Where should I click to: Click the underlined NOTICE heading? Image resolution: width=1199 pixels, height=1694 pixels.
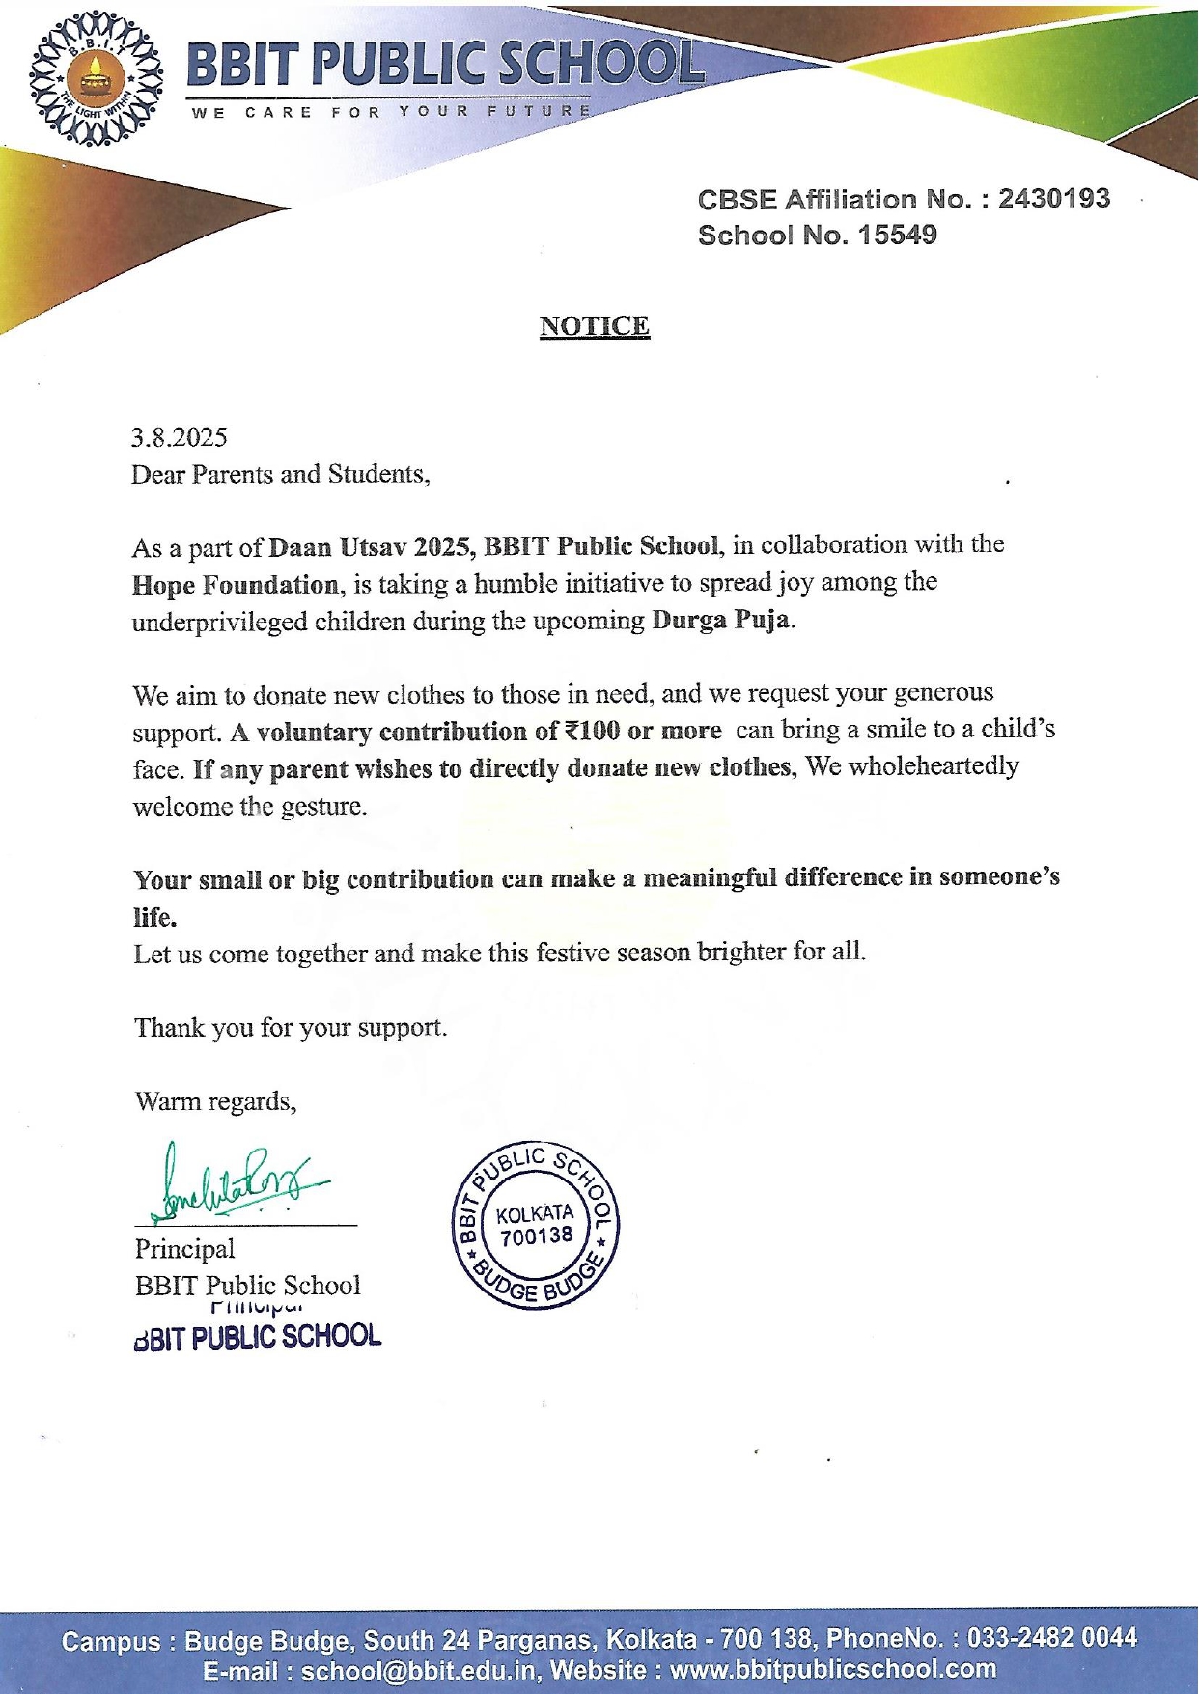(x=594, y=326)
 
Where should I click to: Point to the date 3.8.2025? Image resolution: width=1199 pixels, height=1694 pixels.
(x=180, y=438)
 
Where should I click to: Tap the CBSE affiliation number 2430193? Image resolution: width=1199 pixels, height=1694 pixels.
(x=1053, y=199)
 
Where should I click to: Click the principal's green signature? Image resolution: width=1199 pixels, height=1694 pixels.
(x=237, y=1182)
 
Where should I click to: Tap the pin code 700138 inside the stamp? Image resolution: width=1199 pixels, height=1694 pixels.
(x=536, y=1236)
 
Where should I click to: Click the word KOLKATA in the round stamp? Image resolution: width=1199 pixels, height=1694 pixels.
(x=535, y=1213)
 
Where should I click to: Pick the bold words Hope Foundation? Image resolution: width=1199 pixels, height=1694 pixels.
(x=236, y=585)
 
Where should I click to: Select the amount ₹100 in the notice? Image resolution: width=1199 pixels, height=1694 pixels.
(x=591, y=731)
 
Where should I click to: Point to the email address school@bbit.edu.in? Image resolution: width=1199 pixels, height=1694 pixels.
(x=417, y=1671)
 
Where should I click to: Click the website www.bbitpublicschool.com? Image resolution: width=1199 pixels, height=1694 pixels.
(x=833, y=1670)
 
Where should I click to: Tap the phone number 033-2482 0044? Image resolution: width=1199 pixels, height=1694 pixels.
(x=1051, y=1638)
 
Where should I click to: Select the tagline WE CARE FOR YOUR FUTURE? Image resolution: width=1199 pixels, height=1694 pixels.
(x=391, y=112)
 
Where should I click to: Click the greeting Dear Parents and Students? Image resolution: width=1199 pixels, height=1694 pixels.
(x=280, y=475)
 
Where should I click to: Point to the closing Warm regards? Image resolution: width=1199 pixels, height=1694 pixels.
(x=215, y=1101)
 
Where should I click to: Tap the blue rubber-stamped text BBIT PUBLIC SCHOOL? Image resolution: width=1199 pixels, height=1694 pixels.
(x=258, y=1338)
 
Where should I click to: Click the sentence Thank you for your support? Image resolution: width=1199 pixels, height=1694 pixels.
(x=291, y=1027)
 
